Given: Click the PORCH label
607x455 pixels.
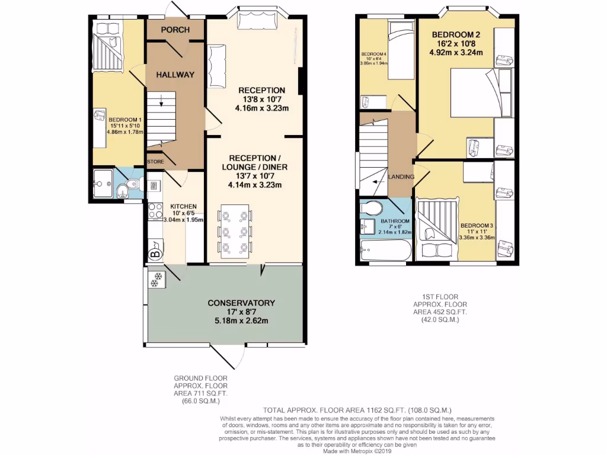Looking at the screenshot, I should click(x=175, y=30).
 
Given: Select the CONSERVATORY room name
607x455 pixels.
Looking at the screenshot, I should click(x=241, y=303).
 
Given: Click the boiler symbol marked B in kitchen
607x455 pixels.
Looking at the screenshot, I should click(x=155, y=254).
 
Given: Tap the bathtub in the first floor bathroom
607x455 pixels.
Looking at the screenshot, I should click(x=385, y=251).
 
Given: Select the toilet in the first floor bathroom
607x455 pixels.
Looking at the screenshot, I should click(x=371, y=209).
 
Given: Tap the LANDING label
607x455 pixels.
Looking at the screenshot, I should click(x=401, y=177).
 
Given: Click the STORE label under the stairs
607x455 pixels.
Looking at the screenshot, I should click(x=155, y=161).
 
